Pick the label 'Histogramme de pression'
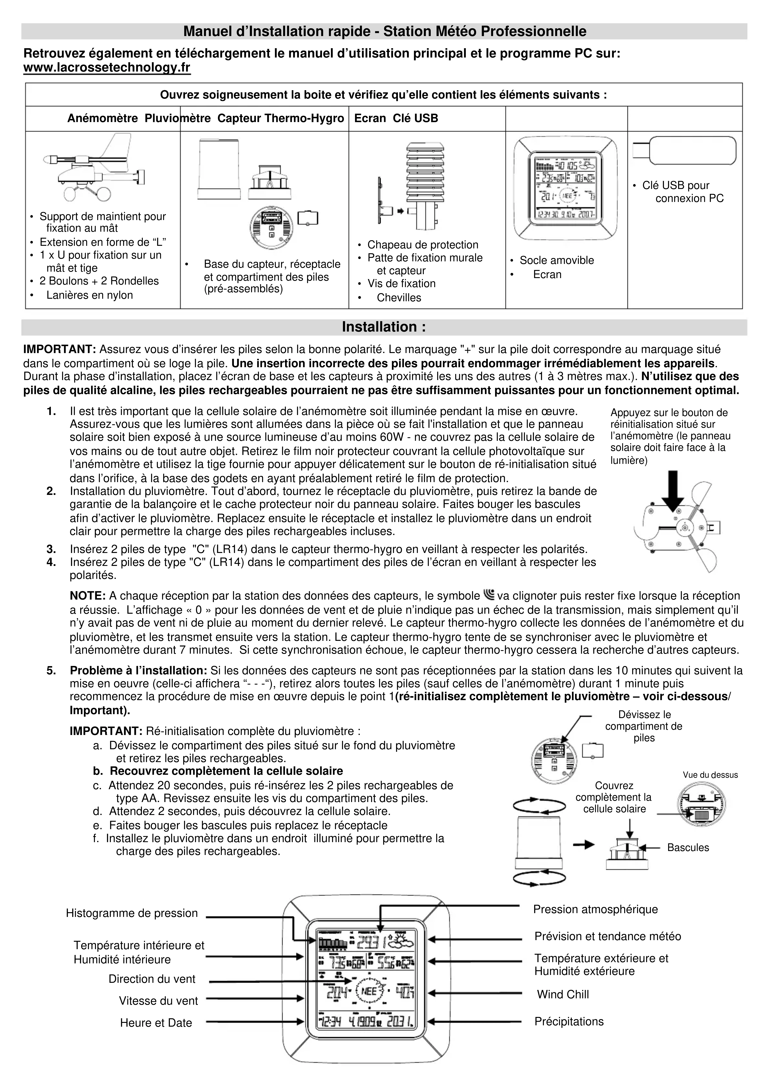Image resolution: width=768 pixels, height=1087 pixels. point(132,913)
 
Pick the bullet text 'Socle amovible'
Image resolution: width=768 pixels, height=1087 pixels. point(556,260)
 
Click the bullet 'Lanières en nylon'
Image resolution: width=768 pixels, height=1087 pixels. point(90,295)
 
